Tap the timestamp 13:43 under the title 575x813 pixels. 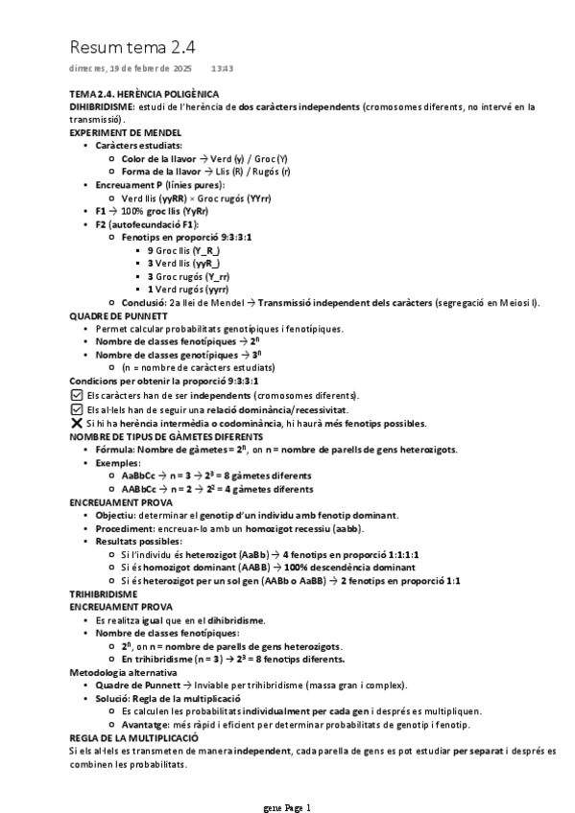coord(222,69)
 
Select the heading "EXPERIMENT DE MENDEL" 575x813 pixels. coord(126,132)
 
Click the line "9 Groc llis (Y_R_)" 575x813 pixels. coord(183,249)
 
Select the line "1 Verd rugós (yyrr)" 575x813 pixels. coord(187,289)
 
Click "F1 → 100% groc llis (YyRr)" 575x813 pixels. coord(152,210)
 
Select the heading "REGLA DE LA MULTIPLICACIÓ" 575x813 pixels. coord(133,738)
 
